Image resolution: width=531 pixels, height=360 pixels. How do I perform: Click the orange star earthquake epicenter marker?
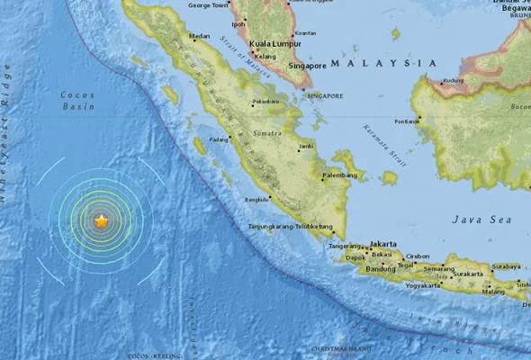(102, 220)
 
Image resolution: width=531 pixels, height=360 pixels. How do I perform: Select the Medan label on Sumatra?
(199, 37)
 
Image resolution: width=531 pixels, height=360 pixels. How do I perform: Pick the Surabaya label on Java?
(508, 266)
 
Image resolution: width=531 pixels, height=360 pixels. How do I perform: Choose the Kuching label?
(454, 79)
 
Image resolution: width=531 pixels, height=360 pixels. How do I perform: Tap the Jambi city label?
(307, 144)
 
